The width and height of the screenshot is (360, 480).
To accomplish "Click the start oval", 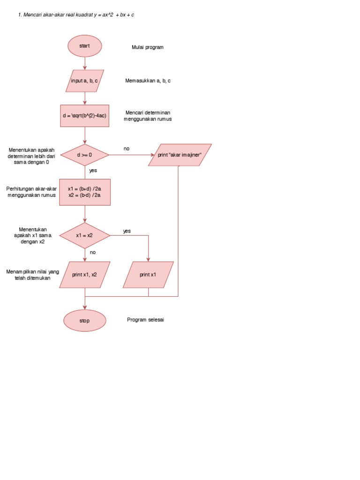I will (x=85, y=46).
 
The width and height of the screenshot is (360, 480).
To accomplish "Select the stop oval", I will (x=85, y=321).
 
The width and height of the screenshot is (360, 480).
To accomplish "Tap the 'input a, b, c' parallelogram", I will (x=85, y=81).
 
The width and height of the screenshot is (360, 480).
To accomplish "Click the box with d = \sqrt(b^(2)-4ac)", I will (x=85, y=116).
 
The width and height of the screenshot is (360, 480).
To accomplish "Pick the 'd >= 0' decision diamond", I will (x=85, y=154).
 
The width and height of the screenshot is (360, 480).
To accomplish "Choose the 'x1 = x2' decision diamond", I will (x=85, y=235).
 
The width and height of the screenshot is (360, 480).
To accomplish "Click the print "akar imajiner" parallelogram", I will (x=180, y=155).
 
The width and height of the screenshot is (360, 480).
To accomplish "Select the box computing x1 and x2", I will (x=85, y=192).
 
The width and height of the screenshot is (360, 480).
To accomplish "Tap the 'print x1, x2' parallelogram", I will (x=85, y=275).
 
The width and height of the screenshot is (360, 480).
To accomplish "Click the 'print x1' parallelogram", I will (x=148, y=275).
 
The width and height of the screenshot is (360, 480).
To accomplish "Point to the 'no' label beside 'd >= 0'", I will (x=127, y=149).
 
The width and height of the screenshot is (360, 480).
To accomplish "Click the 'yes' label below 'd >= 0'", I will (x=93, y=171).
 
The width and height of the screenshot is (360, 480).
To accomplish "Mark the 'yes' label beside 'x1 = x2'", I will (x=127, y=231).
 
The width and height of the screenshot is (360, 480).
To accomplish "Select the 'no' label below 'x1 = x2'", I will (x=93, y=252).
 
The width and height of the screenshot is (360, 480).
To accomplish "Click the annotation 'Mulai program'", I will (x=148, y=47).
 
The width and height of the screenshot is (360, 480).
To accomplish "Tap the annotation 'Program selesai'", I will (x=145, y=320).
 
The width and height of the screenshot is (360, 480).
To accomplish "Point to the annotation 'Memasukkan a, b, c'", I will (x=148, y=81).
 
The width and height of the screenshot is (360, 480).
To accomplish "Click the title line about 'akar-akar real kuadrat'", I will (x=76, y=15).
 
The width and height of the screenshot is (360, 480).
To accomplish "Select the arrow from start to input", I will (x=85, y=63).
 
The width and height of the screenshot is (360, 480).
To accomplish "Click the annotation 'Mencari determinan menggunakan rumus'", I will (x=148, y=116).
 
